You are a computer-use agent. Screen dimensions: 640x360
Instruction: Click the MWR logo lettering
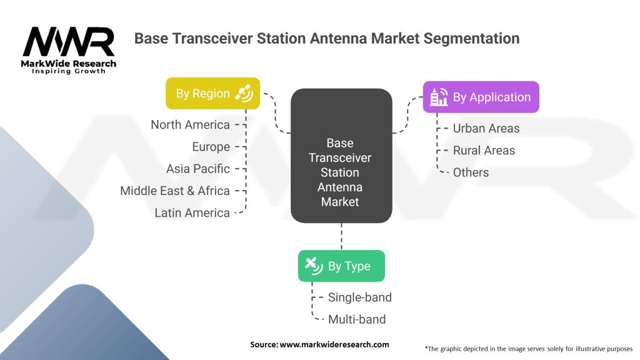click(x=69, y=42)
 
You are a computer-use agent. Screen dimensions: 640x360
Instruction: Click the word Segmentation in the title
click(x=471, y=38)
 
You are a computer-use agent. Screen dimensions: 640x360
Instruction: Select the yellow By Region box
click(x=212, y=94)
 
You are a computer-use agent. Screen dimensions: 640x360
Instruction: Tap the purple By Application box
click(x=481, y=97)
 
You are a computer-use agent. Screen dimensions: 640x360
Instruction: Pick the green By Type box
click(x=341, y=266)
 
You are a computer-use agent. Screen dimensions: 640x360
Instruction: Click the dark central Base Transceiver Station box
click(x=341, y=156)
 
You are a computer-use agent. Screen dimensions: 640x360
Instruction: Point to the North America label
click(x=190, y=124)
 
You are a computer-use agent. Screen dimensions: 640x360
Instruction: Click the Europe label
click(x=211, y=147)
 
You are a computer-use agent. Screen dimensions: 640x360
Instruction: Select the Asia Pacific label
click(x=198, y=169)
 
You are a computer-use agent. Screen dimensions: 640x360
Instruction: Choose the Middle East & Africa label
click(x=175, y=191)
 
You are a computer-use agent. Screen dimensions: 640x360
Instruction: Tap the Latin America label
click(x=192, y=212)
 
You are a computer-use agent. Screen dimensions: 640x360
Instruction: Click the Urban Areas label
click(x=486, y=128)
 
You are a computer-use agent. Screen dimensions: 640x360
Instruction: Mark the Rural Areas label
click(x=484, y=150)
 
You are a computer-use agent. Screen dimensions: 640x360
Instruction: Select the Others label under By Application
click(x=471, y=172)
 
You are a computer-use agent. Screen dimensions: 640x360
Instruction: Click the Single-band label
click(x=359, y=297)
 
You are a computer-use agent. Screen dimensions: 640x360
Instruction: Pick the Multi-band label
click(x=357, y=319)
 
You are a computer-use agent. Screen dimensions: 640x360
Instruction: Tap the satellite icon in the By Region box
click(x=244, y=94)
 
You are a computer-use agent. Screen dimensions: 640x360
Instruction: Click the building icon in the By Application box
click(x=439, y=97)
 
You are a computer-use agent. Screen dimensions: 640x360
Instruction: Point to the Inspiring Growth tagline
click(x=69, y=71)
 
